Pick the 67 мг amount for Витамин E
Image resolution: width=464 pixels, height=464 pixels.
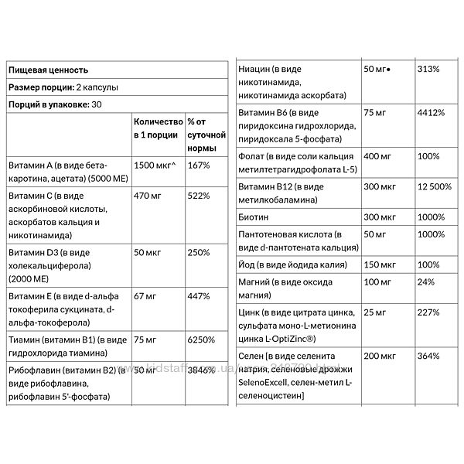145,296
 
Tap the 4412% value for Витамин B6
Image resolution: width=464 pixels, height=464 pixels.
430,113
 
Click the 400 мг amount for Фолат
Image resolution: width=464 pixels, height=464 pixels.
377,156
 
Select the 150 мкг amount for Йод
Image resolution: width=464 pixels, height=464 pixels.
379,264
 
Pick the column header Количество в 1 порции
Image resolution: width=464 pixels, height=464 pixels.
159,128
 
